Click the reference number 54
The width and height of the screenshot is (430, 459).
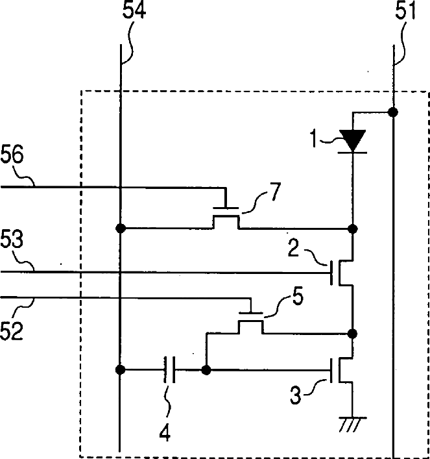pos(134,10)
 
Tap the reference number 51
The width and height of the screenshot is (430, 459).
pos(405,11)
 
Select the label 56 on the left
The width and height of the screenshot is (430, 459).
pos(12,154)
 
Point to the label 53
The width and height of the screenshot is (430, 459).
pos(12,239)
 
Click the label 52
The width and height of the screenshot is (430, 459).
pos(12,330)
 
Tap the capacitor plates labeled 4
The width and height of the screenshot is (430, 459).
pos(170,369)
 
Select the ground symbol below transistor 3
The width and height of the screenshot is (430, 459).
pos(352,424)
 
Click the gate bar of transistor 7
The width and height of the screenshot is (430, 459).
pos(226,208)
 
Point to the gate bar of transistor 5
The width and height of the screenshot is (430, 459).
pos(251,314)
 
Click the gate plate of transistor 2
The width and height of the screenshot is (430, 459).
pos(331,273)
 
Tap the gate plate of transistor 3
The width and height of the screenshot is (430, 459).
pos(331,370)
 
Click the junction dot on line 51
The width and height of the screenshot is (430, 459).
pos(393,112)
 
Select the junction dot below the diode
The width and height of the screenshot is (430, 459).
pos(353,229)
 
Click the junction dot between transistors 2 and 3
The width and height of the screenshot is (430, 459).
pos(353,334)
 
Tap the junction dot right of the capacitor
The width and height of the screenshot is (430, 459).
pos(206,370)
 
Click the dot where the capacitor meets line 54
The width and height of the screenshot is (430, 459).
pos(120,369)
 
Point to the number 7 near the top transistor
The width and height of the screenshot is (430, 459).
pos(275,191)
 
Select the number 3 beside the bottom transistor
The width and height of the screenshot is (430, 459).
pos(295,395)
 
